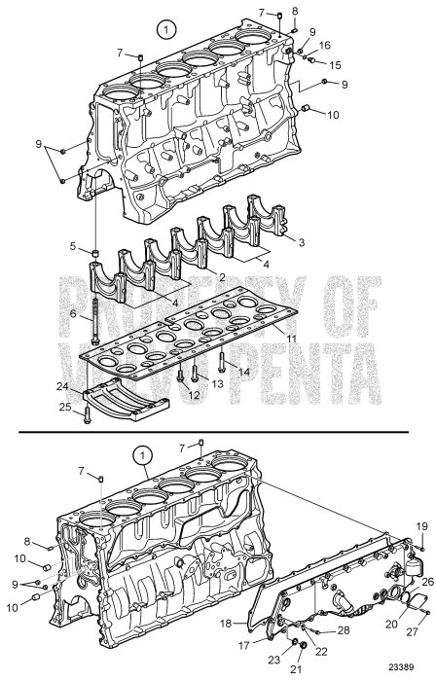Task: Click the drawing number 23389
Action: (409, 668)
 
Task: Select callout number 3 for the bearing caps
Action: (302, 241)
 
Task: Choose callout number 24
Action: (62, 386)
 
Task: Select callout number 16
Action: (325, 45)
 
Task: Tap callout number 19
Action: (423, 525)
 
